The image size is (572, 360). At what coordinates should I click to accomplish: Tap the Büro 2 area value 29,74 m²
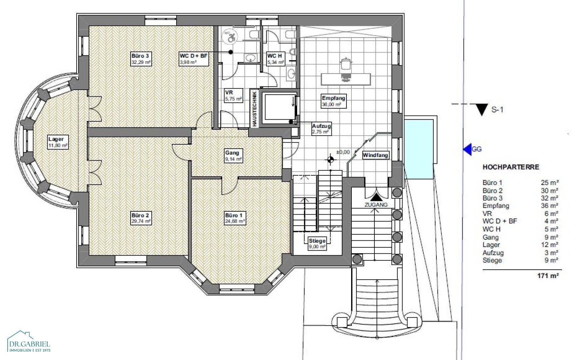(141, 221)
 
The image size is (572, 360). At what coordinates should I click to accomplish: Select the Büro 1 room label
(232, 215)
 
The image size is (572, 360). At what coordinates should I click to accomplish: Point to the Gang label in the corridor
(232, 153)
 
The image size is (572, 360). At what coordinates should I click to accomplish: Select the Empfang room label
(333, 98)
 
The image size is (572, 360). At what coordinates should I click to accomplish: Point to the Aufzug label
(321, 126)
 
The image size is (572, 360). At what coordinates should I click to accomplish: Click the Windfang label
(375, 155)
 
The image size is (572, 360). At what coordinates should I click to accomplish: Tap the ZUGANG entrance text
(376, 205)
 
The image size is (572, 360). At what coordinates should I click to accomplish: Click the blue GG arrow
(467, 149)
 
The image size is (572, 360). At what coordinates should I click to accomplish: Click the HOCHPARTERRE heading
(511, 167)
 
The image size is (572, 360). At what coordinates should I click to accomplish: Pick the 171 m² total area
(548, 275)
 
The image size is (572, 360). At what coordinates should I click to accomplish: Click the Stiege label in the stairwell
(317, 241)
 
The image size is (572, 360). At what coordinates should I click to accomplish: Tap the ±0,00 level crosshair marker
(330, 159)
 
